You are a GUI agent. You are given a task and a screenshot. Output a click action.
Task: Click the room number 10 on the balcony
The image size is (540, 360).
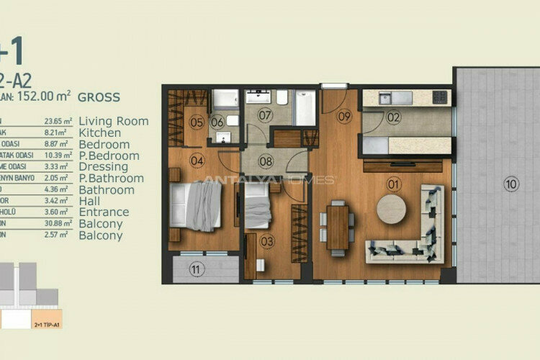510,184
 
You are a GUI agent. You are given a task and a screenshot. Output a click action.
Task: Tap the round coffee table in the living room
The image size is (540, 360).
392,210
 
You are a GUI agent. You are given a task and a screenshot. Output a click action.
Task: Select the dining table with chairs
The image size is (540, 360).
338,226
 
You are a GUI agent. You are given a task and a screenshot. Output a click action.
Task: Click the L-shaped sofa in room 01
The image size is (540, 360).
410,230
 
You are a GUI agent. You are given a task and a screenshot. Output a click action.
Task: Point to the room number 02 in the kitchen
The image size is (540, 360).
393,117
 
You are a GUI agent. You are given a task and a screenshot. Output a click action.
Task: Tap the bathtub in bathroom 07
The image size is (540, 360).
305,108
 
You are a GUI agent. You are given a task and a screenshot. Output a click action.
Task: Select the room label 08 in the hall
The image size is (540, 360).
266,161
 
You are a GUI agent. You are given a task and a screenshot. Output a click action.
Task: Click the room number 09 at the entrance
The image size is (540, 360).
343,115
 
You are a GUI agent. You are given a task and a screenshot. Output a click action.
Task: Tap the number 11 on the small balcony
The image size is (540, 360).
195,270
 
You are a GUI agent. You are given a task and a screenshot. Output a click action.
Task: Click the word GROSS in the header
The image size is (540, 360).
99,96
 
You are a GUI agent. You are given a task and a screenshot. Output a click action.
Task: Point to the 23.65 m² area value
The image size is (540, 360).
57,122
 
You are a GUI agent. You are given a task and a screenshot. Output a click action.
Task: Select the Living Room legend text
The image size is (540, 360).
113,121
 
